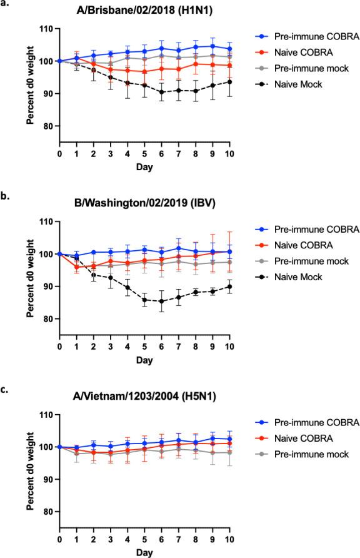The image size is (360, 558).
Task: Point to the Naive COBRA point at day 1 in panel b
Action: [x=77, y=267]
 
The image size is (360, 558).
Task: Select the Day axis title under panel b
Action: [x=144, y=343]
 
